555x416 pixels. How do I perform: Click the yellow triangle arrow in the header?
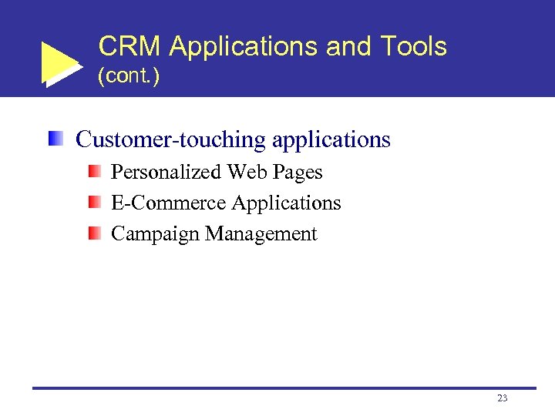click(x=60, y=64)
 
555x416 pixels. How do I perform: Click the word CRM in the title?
click(x=129, y=47)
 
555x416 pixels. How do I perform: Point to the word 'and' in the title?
click(x=348, y=47)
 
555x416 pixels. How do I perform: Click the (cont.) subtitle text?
click(x=129, y=78)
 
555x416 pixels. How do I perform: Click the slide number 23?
click(x=503, y=398)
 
